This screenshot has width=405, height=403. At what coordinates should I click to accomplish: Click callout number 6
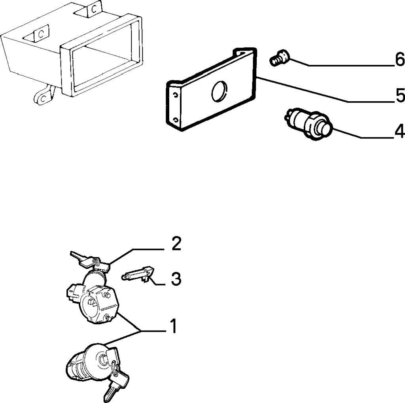(399, 60)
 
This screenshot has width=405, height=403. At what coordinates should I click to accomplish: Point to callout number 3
(176, 279)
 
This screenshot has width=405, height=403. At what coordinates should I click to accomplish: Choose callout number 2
(176, 244)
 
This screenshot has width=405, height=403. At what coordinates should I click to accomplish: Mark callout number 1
(173, 326)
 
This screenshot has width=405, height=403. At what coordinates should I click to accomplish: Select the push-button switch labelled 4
(308, 124)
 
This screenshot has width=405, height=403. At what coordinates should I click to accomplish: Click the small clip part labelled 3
(138, 274)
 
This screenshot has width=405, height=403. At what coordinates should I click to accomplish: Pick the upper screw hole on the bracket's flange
(176, 95)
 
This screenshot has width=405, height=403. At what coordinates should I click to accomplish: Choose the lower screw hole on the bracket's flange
(176, 120)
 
